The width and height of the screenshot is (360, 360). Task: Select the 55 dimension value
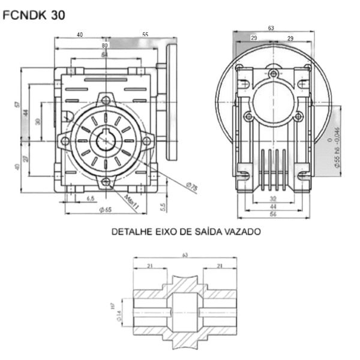coord(145,35)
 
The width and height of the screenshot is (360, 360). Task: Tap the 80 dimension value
coord(105,45)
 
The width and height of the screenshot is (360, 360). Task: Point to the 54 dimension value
coord(105,55)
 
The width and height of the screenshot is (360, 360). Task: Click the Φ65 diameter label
coord(106,209)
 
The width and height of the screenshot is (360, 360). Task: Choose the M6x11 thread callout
coord(133,200)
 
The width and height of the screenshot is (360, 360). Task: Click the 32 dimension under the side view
coord(273,198)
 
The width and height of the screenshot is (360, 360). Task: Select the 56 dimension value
coord(273,214)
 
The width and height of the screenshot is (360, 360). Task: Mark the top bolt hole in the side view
coord(274,74)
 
